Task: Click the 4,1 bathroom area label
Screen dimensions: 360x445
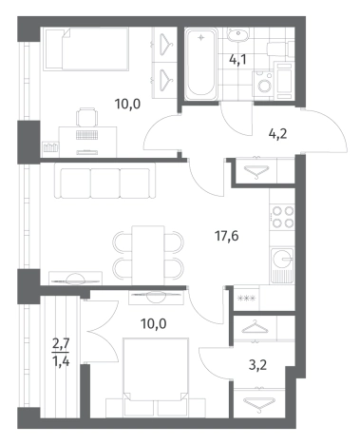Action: (237, 59)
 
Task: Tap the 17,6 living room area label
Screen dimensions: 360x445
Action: (226, 236)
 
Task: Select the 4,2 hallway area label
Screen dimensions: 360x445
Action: (277, 134)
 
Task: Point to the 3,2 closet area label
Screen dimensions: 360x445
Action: (257, 365)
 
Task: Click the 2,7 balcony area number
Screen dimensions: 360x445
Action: (61, 344)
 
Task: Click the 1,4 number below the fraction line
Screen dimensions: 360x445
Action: (61, 360)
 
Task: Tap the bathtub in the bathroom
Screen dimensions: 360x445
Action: (201, 63)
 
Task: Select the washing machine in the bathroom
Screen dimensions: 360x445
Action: (262, 85)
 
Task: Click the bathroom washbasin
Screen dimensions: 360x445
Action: (238, 34)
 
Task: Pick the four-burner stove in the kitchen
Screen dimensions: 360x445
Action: (282, 217)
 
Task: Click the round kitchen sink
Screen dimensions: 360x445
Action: (281, 259)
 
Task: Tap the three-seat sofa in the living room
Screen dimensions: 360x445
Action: (104, 182)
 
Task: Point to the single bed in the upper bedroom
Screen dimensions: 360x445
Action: (85, 48)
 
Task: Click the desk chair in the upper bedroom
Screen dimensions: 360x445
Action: (86, 117)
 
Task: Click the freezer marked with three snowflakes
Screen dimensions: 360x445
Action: (247, 299)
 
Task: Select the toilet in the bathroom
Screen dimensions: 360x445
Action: (280, 49)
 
